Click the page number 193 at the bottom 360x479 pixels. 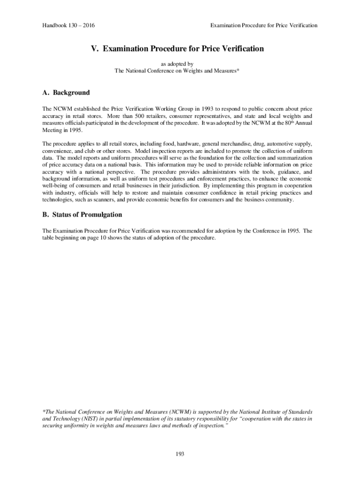coord(180,453)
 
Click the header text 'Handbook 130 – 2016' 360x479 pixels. coord(66,25)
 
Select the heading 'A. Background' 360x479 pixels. coord(66,93)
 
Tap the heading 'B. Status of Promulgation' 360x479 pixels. coord(82,215)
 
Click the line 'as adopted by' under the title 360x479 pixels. coord(177,64)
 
